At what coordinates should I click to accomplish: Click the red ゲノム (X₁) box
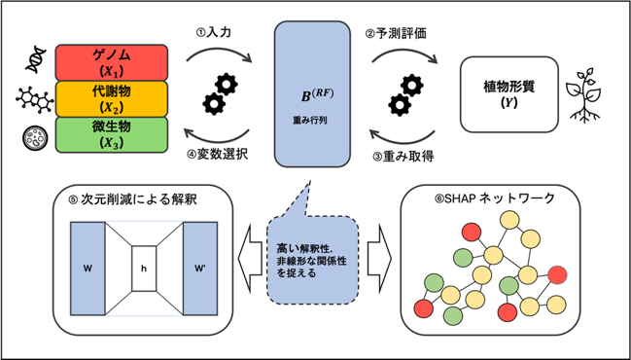click(111, 63)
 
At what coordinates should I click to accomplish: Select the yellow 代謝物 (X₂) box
click(111, 99)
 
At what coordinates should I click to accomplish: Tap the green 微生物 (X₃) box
click(111, 135)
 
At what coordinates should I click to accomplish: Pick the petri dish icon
click(35, 138)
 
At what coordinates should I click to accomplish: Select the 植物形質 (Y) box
click(509, 94)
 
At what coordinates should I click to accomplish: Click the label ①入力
click(213, 33)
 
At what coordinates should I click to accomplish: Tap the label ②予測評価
click(396, 34)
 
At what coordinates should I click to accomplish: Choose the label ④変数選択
click(218, 156)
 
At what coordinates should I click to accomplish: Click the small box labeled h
click(144, 269)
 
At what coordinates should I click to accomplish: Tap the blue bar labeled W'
click(200, 269)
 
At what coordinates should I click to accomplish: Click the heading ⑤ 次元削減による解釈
click(133, 199)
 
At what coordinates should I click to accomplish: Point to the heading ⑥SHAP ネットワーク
click(491, 198)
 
